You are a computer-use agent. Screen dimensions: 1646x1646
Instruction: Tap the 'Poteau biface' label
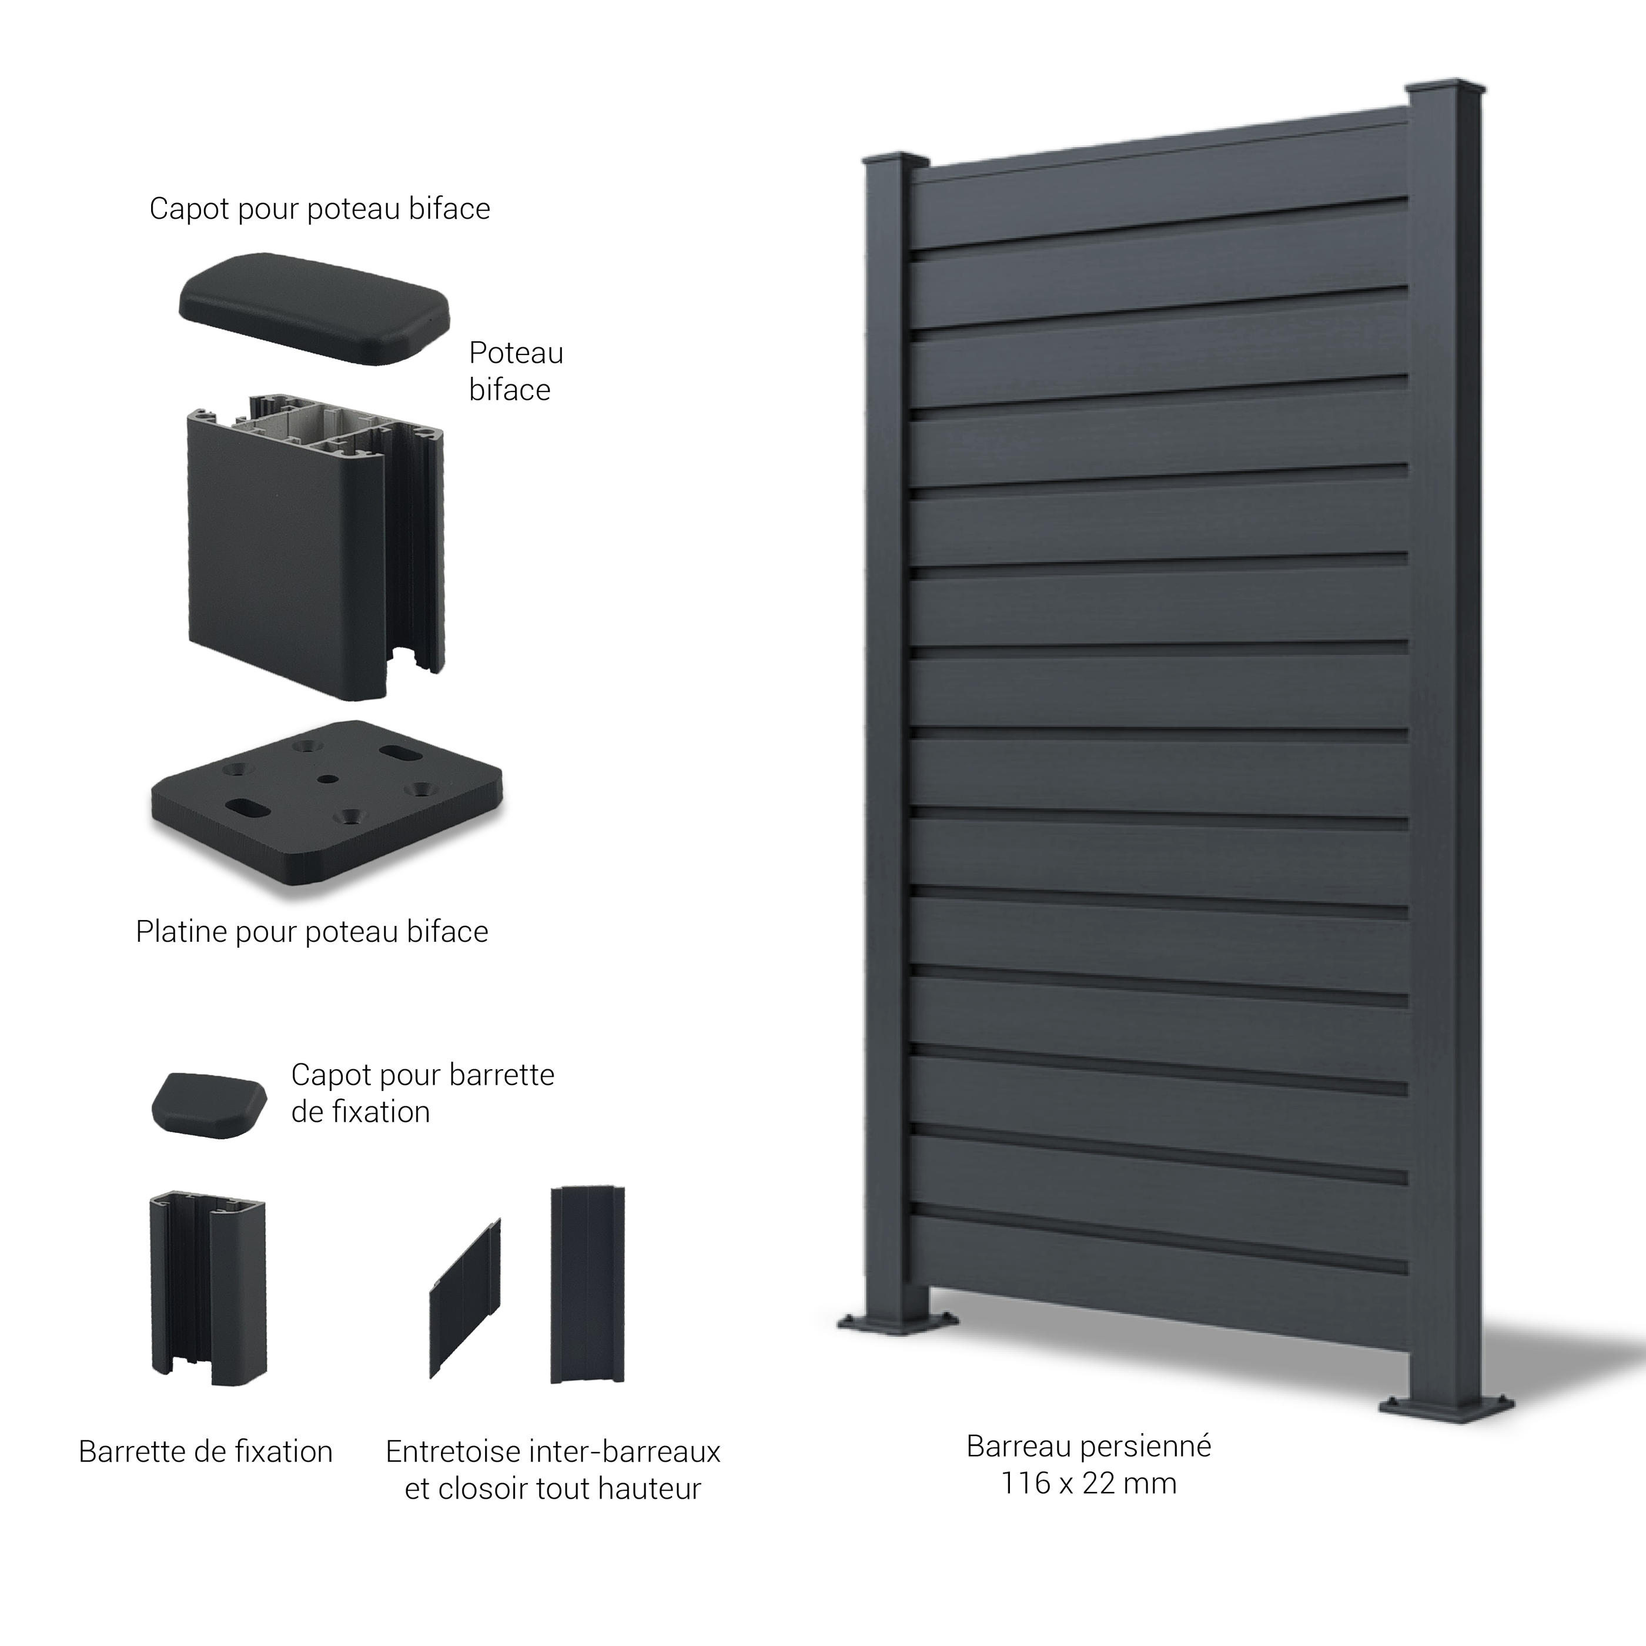(x=516, y=372)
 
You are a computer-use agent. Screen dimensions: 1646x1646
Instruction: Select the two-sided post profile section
(x=315, y=547)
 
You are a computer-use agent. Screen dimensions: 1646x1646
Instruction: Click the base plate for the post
(x=326, y=806)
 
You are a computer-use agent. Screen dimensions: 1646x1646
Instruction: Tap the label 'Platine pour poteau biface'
(x=312, y=932)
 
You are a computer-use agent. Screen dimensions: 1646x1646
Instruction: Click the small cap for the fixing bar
(x=209, y=1105)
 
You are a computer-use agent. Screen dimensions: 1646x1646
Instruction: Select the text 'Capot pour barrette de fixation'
(x=423, y=1093)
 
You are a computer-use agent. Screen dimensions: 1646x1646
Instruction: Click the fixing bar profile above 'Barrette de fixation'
(x=208, y=1289)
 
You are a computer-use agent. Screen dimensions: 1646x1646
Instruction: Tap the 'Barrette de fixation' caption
(x=205, y=1452)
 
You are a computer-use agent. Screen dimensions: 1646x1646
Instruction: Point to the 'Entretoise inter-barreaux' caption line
(x=553, y=1452)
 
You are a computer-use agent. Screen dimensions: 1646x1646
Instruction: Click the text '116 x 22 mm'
(x=1089, y=1483)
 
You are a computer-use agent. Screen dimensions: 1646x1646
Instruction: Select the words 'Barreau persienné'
(x=1089, y=1447)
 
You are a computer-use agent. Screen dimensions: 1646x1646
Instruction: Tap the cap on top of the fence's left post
(x=895, y=160)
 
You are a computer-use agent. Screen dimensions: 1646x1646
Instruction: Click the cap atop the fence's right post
(x=1445, y=89)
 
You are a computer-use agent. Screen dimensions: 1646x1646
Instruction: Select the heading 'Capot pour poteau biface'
(x=319, y=209)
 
